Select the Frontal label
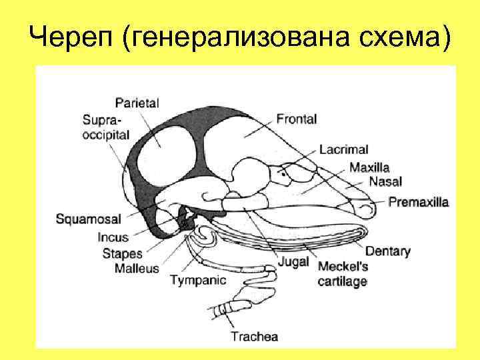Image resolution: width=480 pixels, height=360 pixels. coord(296,120)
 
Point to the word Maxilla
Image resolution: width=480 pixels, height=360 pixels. coord(369,167)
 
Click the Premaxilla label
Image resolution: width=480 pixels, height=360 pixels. coord(419,201)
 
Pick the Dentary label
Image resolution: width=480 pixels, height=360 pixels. coord(387,251)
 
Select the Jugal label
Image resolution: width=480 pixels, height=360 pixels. coord(293,262)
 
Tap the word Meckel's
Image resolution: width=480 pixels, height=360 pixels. coord(343,267)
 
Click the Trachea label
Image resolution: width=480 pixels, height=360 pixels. coord(254,336)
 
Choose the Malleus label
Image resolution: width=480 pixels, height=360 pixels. coord(137,268)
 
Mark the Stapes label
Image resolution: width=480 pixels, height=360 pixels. coord(122,253)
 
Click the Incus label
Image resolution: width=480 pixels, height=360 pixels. coord(113,237)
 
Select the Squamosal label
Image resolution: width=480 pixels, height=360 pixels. coord(88,218)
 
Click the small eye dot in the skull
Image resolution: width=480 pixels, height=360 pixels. coord(283,175)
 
